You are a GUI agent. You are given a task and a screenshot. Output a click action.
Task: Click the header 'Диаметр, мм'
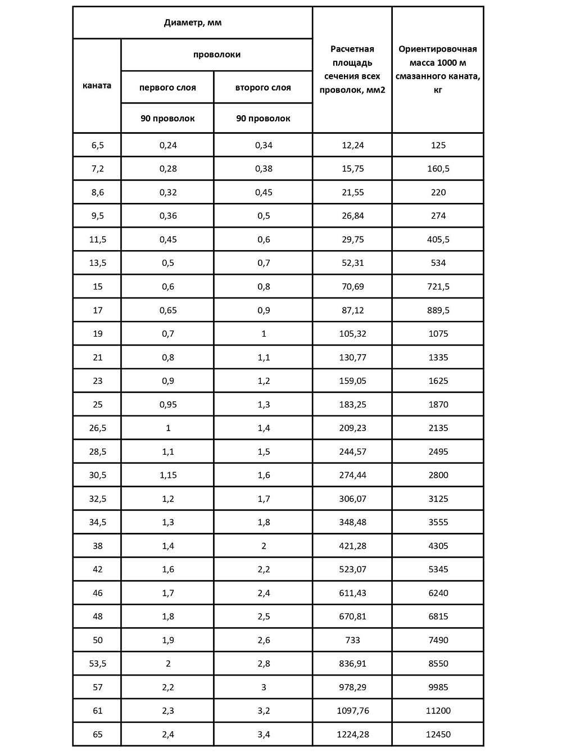pos(193,23)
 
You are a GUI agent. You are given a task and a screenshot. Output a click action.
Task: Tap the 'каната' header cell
pos(97,85)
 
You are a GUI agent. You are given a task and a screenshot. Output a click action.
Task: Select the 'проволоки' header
pos(217,55)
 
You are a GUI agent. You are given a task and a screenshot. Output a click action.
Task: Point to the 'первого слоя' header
pos(167,88)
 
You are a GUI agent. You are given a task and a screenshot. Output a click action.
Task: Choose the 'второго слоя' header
pos(263,88)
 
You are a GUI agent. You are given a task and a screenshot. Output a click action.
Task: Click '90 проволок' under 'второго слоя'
pos(263,119)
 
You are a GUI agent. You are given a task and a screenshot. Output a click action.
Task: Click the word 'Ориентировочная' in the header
pos(438,49)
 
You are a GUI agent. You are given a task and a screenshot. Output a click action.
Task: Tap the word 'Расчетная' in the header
pos(352,49)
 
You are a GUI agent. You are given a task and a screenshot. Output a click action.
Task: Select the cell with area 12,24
pos(353,145)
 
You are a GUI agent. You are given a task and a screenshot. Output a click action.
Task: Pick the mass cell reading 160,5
pos(438,169)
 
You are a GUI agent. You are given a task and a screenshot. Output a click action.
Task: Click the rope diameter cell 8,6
pos(98,192)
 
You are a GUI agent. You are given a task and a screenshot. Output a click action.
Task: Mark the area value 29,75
pos(353,239)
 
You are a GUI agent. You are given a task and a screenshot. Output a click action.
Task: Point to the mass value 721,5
pos(438,287)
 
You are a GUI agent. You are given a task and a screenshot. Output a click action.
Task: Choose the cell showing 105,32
pos(353,334)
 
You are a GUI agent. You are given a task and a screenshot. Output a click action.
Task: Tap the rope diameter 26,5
pos(98,428)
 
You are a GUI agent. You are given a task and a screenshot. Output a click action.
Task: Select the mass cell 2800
pos(438,475)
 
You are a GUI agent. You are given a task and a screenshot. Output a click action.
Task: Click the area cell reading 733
pos(353,640)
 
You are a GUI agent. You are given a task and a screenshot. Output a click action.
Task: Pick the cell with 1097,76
pos(353,710)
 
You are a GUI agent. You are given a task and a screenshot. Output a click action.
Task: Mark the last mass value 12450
pos(438,734)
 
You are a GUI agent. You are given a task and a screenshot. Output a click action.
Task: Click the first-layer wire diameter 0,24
pos(168,145)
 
